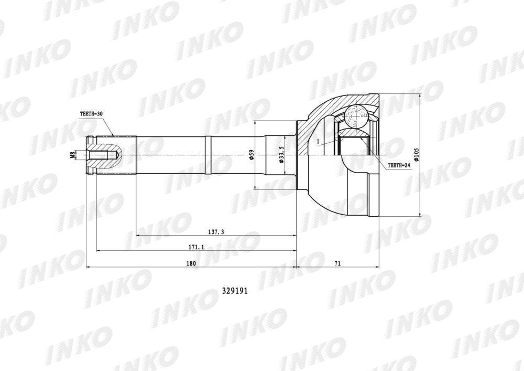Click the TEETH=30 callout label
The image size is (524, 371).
coord(91,114)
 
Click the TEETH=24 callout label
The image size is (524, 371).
coord(399,165)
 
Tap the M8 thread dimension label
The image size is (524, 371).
coord(72,155)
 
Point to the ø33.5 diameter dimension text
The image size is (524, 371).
coord(282,155)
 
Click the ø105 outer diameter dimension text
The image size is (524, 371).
coord(417,155)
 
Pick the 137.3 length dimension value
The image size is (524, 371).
coord(216,232)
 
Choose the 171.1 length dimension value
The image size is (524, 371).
coord(196,247)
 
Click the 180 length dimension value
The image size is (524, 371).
coord(191,263)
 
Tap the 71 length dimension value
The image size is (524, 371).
coord(337,263)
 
